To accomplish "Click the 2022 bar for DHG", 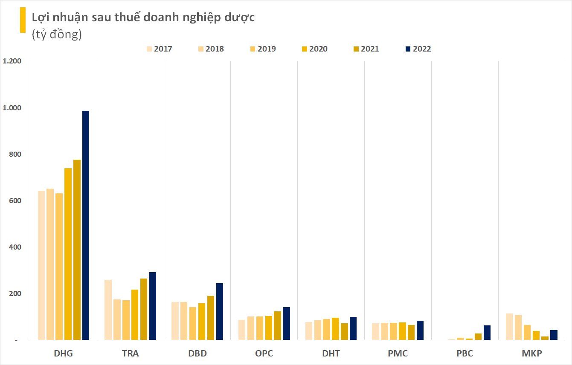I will [86, 225].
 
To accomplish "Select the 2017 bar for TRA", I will [108, 310].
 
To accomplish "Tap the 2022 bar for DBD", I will [219, 311].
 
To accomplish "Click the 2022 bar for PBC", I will [487, 333].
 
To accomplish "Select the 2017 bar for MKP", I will [509, 327].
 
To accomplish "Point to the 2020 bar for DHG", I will [68, 254].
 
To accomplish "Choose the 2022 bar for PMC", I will [420, 330].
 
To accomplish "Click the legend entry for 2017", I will [159, 49].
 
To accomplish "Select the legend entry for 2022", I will [418, 49].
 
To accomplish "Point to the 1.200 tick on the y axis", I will [12, 61].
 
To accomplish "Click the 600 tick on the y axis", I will [15, 201].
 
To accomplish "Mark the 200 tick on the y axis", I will [15, 294].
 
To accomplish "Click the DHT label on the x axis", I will [331, 354].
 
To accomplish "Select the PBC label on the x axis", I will [465, 354].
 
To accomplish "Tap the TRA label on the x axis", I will [130, 354].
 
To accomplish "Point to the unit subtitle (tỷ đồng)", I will [56, 35].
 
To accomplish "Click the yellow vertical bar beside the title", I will [23, 20].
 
